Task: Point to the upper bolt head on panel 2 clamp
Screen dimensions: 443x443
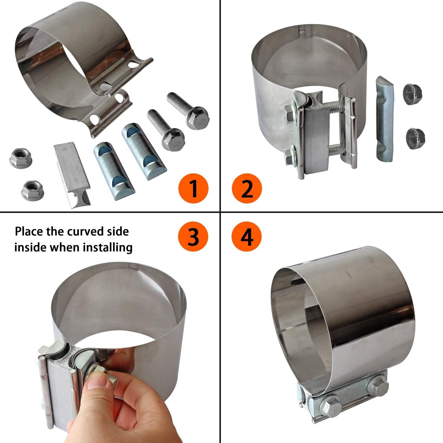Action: (290, 113)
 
